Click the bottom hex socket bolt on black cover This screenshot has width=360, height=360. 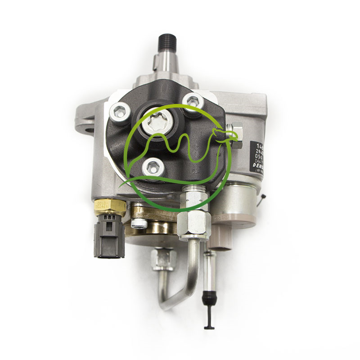click(x=150, y=167)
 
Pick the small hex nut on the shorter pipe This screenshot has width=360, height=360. click(x=163, y=260)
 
